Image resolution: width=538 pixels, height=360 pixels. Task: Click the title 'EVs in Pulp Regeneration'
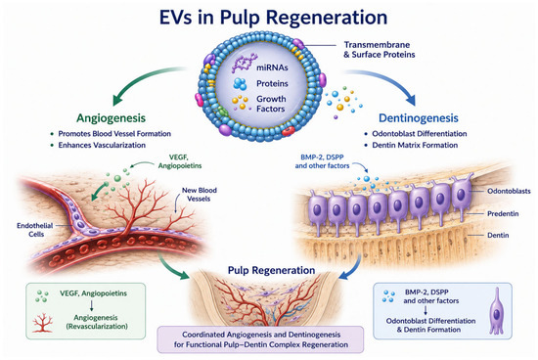274,18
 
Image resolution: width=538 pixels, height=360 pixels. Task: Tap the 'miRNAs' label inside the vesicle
272,67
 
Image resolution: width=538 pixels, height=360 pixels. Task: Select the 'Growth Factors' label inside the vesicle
271,104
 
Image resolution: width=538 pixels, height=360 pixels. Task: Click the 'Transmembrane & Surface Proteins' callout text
380,50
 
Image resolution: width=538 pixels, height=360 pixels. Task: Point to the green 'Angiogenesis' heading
111,118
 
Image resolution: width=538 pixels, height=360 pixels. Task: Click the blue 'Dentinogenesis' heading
419,118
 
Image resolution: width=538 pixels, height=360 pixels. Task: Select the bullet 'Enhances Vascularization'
102,145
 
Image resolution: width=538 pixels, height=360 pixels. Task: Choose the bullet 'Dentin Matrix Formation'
415,145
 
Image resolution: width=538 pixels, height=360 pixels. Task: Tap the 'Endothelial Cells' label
35,230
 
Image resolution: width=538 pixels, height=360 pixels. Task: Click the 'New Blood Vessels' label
199,195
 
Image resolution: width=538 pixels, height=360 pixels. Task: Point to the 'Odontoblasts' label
509,191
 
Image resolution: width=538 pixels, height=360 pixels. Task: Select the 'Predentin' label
503,214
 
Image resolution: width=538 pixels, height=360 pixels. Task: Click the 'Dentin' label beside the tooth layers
498,236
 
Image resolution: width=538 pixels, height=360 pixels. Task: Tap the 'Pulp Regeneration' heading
271,270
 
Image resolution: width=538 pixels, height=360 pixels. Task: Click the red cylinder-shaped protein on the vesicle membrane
289,131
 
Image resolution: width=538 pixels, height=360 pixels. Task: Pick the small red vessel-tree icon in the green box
43,323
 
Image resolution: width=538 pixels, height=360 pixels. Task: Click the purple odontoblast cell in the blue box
497,310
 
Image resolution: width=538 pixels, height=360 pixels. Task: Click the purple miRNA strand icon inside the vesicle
244,63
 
